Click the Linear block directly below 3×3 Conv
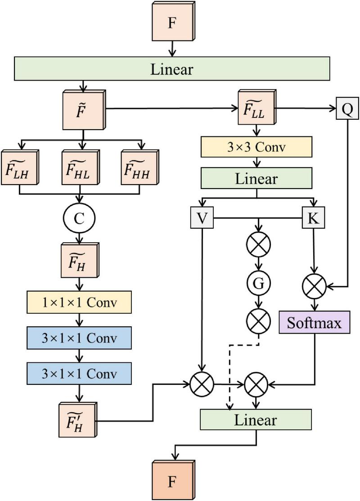256,179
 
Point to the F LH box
19,167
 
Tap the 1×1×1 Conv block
79,302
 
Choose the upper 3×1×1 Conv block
79,337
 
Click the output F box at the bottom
171,481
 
